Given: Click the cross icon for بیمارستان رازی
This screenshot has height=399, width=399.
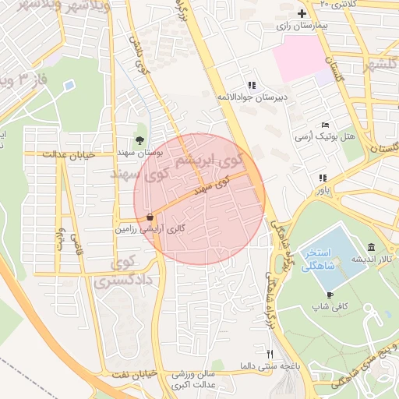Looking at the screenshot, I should pos(302,14).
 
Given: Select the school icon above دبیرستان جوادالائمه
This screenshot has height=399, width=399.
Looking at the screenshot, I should pos(251,85).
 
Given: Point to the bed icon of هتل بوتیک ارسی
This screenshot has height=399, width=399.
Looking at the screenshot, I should pos(325,125).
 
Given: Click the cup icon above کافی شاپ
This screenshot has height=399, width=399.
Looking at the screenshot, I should pos(330,295).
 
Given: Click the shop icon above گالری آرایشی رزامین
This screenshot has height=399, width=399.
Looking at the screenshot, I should pos(149,217).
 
